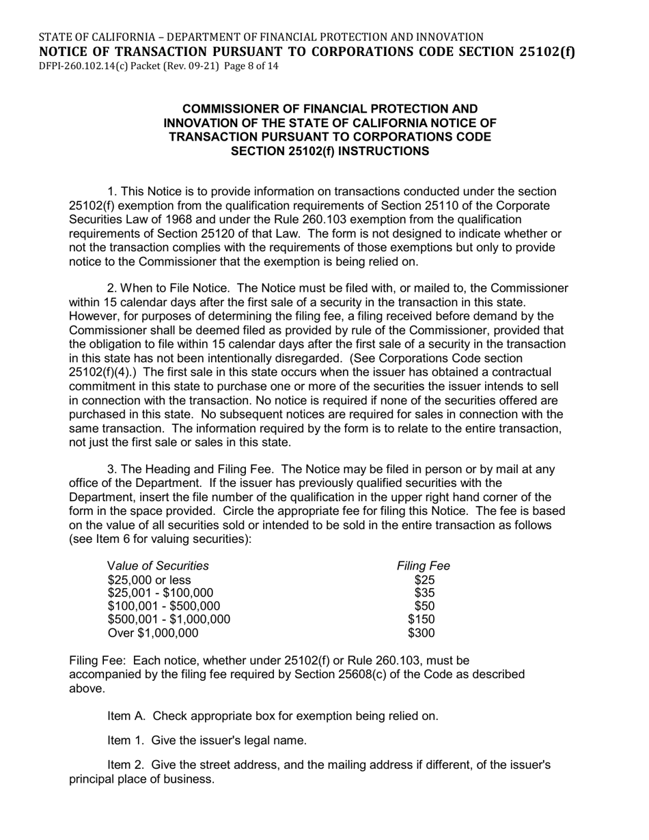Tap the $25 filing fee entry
[424, 580]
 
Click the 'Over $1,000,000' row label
[153, 633]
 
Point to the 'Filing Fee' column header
[423, 565]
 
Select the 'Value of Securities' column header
[158, 565]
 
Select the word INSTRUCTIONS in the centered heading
[374, 152]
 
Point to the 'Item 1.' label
[126, 740]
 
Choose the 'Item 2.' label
[126, 765]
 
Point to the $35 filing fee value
[424, 593]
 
